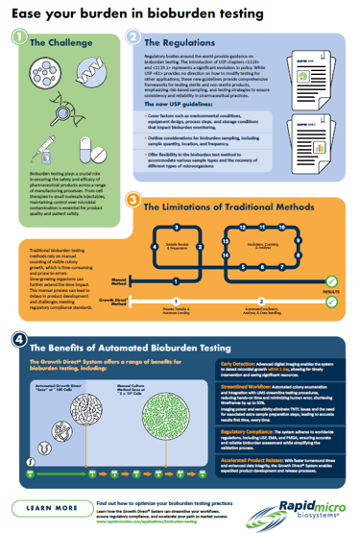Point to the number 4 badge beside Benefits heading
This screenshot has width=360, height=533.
pos(18,340)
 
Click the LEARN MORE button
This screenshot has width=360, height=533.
pos(45,507)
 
